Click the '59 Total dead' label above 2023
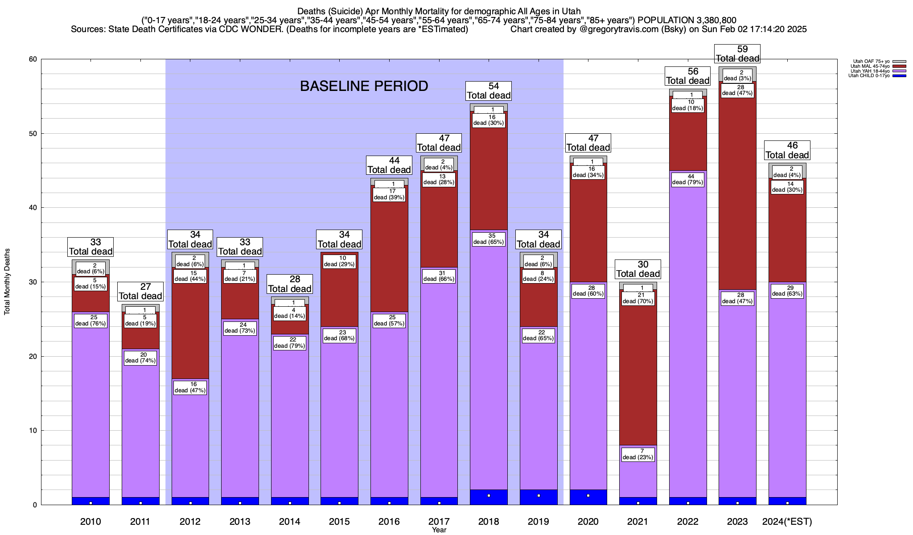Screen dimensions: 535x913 [x=737, y=54]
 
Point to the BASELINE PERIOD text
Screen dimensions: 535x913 [x=364, y=86]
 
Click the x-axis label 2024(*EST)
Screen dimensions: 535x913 [x=787, y=522]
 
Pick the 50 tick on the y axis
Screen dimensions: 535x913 [x=33, y=134]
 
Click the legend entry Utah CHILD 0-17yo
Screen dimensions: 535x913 [x=869, y=76]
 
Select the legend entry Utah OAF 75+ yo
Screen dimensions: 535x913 [x=869, y=62]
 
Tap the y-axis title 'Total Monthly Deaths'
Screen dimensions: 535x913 [x=7, y=282]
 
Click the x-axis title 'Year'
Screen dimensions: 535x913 [x=439, y=530]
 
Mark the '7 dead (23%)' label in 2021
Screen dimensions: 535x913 [x=638, y=454]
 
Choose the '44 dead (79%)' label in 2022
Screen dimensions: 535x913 [x=688, y=179]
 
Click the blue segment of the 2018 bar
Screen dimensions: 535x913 [x=489, y=497]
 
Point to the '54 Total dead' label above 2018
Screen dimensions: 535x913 [x=489, y=91]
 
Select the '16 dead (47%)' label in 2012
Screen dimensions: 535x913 [x=190, y=387]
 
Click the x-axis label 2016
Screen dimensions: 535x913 [x=389, y=522]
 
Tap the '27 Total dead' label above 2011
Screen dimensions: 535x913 [x=140, y=292]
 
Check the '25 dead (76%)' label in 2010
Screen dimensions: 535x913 [x=90, y=321]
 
